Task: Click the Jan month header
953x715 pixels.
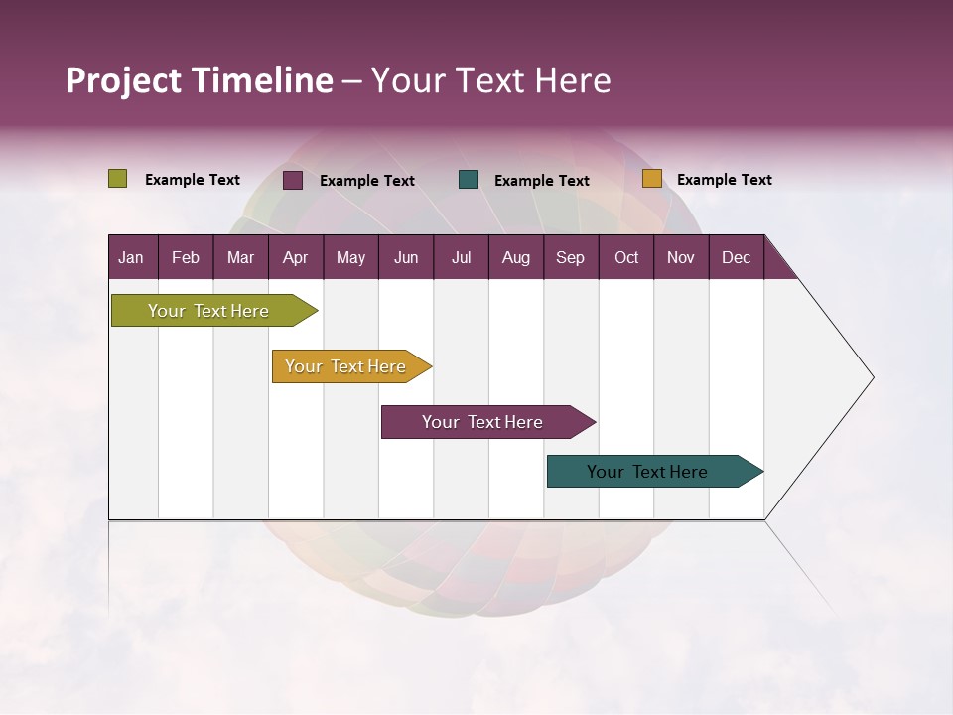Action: [x=131, y=257]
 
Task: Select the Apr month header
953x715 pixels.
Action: [x=295, y=257]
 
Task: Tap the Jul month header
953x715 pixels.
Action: [x=461, y=257]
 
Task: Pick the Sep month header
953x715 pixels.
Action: [x=570, y=257]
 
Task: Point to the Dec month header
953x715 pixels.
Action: [x=736, y=257]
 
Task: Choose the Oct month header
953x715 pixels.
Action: [x=625, y=257]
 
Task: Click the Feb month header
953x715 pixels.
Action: [x=186, y=257]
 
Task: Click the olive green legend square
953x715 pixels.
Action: [x=118, y=179]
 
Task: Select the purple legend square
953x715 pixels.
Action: [x=293, y=180]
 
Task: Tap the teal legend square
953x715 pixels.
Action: [x=469, y=180]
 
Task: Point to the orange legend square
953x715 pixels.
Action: [x=651, y=179]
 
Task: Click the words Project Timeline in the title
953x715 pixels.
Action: [x=199, y=80]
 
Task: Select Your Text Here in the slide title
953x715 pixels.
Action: [x=490, y=80]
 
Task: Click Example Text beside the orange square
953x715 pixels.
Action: [x=724, y=180]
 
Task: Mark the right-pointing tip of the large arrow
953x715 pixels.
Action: [x=871, y=377]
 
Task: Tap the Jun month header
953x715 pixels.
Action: [x=406, y=257]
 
